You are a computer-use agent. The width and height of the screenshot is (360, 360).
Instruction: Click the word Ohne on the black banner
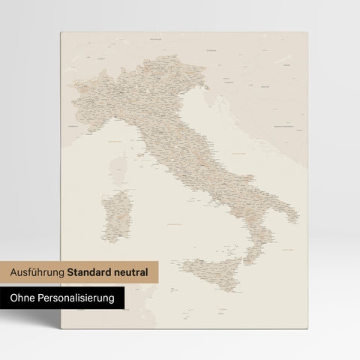(25, 298)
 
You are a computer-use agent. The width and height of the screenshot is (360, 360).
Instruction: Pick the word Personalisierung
(77, 298)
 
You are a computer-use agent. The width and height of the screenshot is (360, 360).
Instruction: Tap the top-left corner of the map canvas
(59, 33)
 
